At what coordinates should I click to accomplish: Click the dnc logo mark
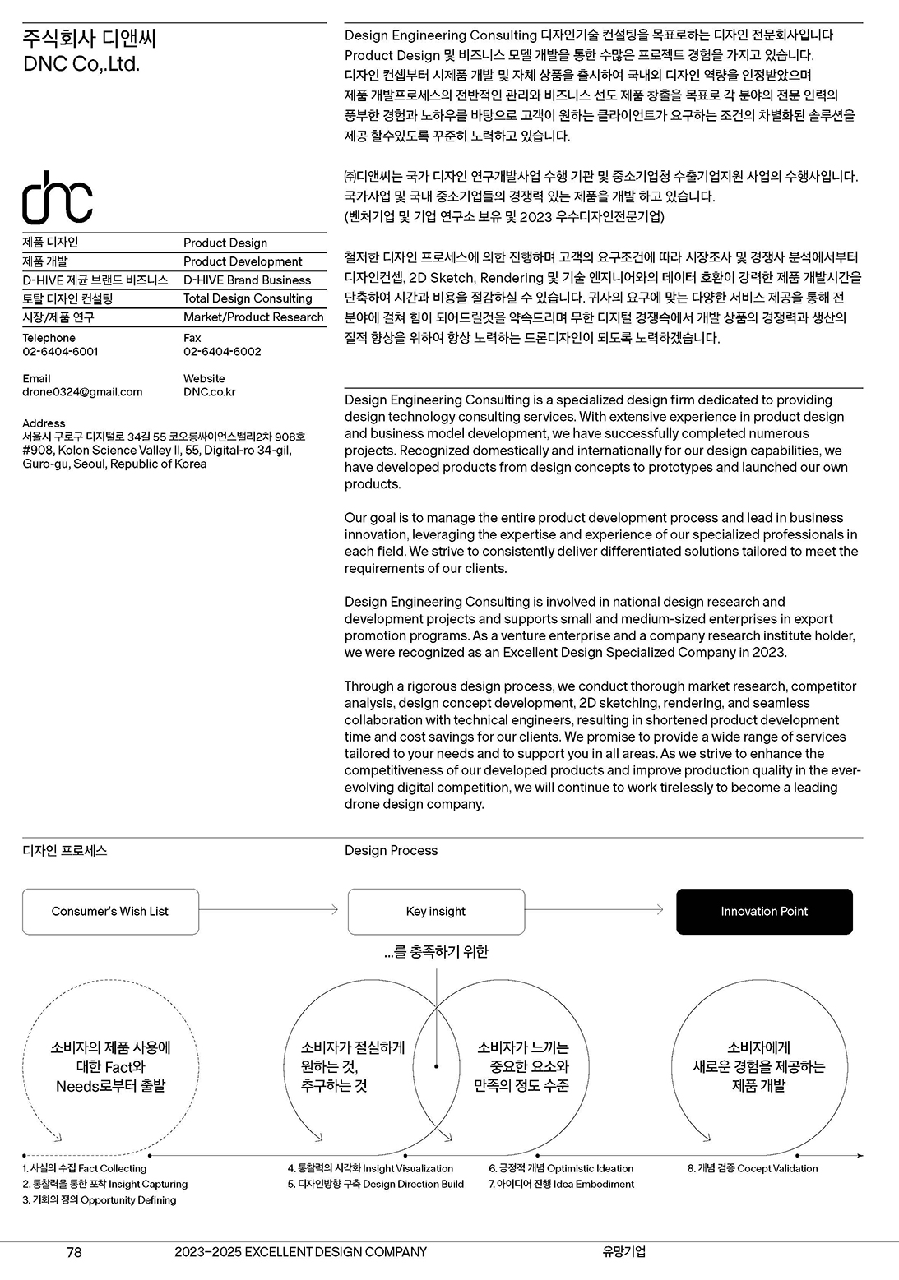tap(57, 198)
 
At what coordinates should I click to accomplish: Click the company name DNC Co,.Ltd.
tap(81, 64)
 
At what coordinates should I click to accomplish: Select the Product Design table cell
tap(225, 243)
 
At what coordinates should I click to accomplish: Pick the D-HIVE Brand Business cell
tap(247, 280)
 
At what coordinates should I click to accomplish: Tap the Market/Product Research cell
tap(253, 317)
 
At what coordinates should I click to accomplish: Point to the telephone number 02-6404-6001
tap(60, 351)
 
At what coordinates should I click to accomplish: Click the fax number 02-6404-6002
tap(222, 351)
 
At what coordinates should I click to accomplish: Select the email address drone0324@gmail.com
tap(82, 392)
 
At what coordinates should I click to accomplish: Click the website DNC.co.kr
tap(209, 392)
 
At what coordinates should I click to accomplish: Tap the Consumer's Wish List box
tap(110, 911)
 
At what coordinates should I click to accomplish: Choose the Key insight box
tap(435, 911)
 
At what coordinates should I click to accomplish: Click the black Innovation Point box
tap(764, 911)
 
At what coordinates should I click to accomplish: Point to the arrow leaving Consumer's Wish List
tap(268, 909)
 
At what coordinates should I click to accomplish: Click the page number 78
tap(74, 1252)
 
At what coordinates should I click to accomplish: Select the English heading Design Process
tap(391, 850)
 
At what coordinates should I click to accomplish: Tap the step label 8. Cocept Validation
tap(753, 1168)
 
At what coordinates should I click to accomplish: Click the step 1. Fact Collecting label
tap(85, 1168)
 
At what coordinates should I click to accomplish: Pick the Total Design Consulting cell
tap(248, 298)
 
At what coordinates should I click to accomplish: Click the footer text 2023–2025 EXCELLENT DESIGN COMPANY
tap(300, 1252)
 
